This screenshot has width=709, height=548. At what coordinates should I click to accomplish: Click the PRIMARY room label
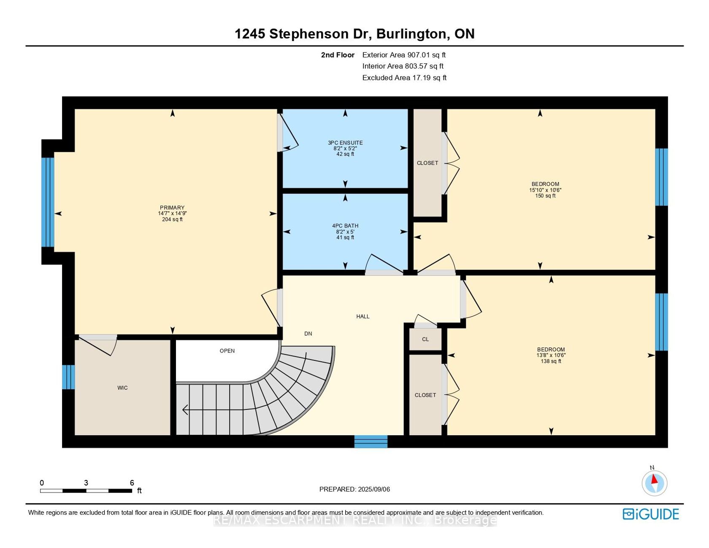[172, 208]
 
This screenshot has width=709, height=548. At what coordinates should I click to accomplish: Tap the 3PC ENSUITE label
[345, 143]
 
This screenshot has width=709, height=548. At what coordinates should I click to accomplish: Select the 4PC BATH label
[345, 226]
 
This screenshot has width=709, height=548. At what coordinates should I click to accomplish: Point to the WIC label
[122, 388]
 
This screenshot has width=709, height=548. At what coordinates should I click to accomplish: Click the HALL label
[363, 316]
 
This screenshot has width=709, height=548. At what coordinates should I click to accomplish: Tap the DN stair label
[308, 334]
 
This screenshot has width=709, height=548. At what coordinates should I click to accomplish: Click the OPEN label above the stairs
[227, 351]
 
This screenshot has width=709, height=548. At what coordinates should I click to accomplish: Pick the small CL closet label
[425, 339]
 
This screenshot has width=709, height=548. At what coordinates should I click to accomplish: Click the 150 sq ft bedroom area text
[545, 196]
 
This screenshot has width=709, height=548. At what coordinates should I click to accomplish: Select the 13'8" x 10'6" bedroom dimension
[551, 355]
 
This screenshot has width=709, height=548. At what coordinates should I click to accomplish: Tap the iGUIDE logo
[651, 514]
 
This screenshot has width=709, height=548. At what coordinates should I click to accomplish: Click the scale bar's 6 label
[132, 483]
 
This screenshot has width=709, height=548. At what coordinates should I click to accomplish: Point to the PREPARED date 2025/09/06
[354, 489]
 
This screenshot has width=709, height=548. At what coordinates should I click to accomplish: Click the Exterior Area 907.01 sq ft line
[404, 55]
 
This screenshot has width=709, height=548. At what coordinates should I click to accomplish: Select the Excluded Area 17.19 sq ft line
[404, 78]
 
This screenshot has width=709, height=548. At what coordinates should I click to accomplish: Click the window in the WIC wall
[68, 377]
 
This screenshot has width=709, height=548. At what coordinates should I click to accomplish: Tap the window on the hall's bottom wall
[371, 442]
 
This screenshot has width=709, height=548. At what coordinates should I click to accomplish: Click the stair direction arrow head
[185, 410]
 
